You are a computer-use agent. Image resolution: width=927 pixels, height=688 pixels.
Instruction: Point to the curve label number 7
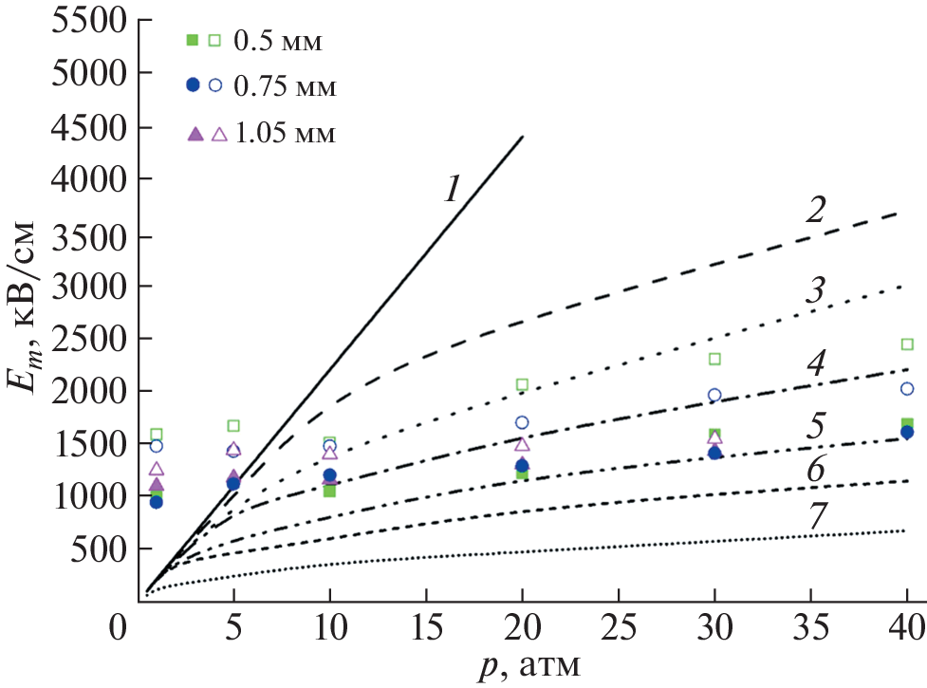tap(814, 513)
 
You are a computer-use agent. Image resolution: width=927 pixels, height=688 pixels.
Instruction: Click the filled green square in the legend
tap(193, 40)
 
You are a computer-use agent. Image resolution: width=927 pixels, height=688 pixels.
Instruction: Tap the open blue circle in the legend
tap(215, 85)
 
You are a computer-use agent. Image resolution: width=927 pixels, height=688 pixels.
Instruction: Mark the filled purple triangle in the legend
tap(194, 134)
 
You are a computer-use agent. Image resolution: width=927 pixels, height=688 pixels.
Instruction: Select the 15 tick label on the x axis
tap(427, 628)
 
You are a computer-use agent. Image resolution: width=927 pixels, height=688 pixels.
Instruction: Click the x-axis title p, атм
tap(525, 667)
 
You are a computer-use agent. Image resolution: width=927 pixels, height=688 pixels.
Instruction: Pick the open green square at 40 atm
tap(907, 344)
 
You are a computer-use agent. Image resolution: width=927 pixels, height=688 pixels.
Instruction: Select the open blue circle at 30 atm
tap(714, 395)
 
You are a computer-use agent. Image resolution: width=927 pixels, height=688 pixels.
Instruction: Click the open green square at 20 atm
tap(522, 384)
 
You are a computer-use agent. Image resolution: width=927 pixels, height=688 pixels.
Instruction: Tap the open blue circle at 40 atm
tap(907, 388)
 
